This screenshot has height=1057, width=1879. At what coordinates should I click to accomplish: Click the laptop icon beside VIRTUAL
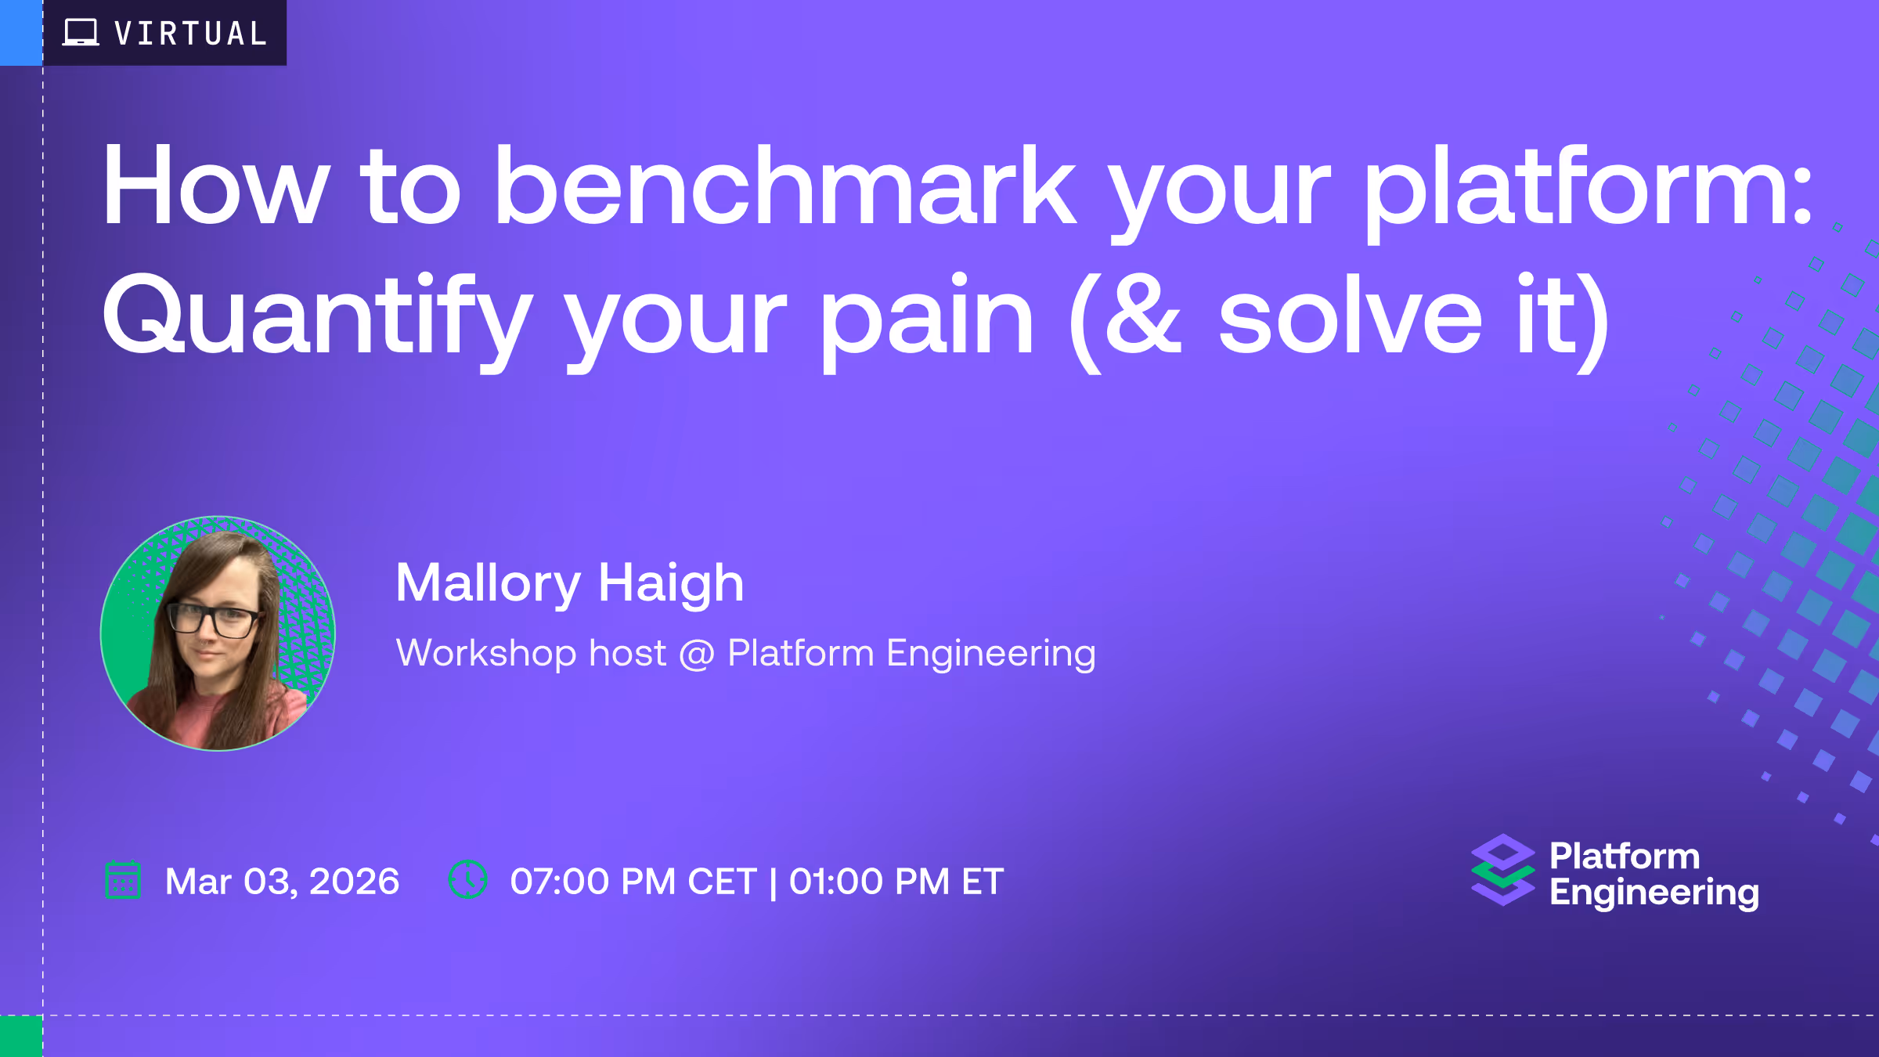(x=81, y=33)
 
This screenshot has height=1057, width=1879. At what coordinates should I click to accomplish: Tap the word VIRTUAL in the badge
(x=191, y=34)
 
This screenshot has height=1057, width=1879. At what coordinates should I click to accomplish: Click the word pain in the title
(x=927, y=321)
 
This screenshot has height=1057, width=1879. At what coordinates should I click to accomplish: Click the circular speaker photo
(x=218, y=633)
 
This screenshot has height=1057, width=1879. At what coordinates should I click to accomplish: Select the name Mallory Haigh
(x=569, y=584)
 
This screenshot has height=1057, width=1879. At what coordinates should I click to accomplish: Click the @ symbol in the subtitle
(x=697, y=654)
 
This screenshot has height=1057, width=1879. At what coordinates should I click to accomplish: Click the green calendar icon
(x=123, y=880)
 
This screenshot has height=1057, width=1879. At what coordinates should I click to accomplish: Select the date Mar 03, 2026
(x=282, y=882)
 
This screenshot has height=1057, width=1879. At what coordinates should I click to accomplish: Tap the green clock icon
(x=468, y=879)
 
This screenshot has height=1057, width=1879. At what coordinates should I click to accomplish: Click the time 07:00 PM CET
(x=633, y=882)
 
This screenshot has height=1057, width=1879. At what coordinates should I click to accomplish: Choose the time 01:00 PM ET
(x=896, y=882)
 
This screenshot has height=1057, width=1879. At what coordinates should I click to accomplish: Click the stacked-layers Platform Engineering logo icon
(x=1503, y=870)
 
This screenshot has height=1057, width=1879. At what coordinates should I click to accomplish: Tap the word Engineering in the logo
(x=1654, y=893)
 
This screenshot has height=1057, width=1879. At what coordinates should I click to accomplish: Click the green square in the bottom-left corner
(x=21, y=1036)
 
